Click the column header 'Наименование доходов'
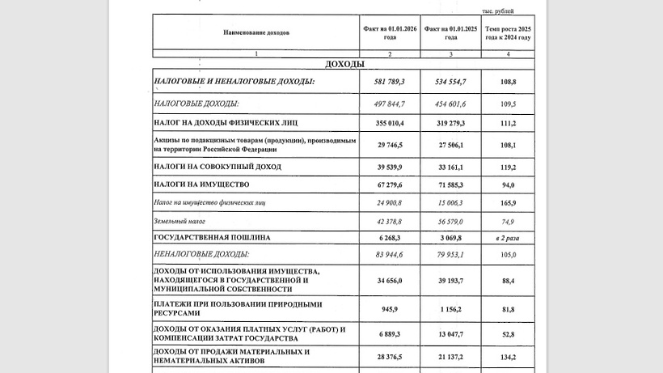tap(256, 33)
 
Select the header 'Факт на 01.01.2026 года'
tap(390, 33)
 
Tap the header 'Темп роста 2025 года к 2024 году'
tap(508, 33)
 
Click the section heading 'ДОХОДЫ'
tap(344, 64)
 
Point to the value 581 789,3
tap(389, 83)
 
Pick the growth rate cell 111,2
tap(508, 123)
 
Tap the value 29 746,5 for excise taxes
tap(389, 145)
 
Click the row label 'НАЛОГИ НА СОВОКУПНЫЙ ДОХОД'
tap(217, 167)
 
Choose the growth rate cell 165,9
tap(508, 202)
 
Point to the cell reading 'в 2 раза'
tap(508, 238)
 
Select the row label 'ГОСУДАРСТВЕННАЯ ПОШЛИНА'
tap(212, 238)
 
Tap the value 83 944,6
tap(389, 255)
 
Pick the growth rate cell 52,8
tap(508, 333)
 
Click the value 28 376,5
tap(389, 357)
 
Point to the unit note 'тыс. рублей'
tap(497, 11)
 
